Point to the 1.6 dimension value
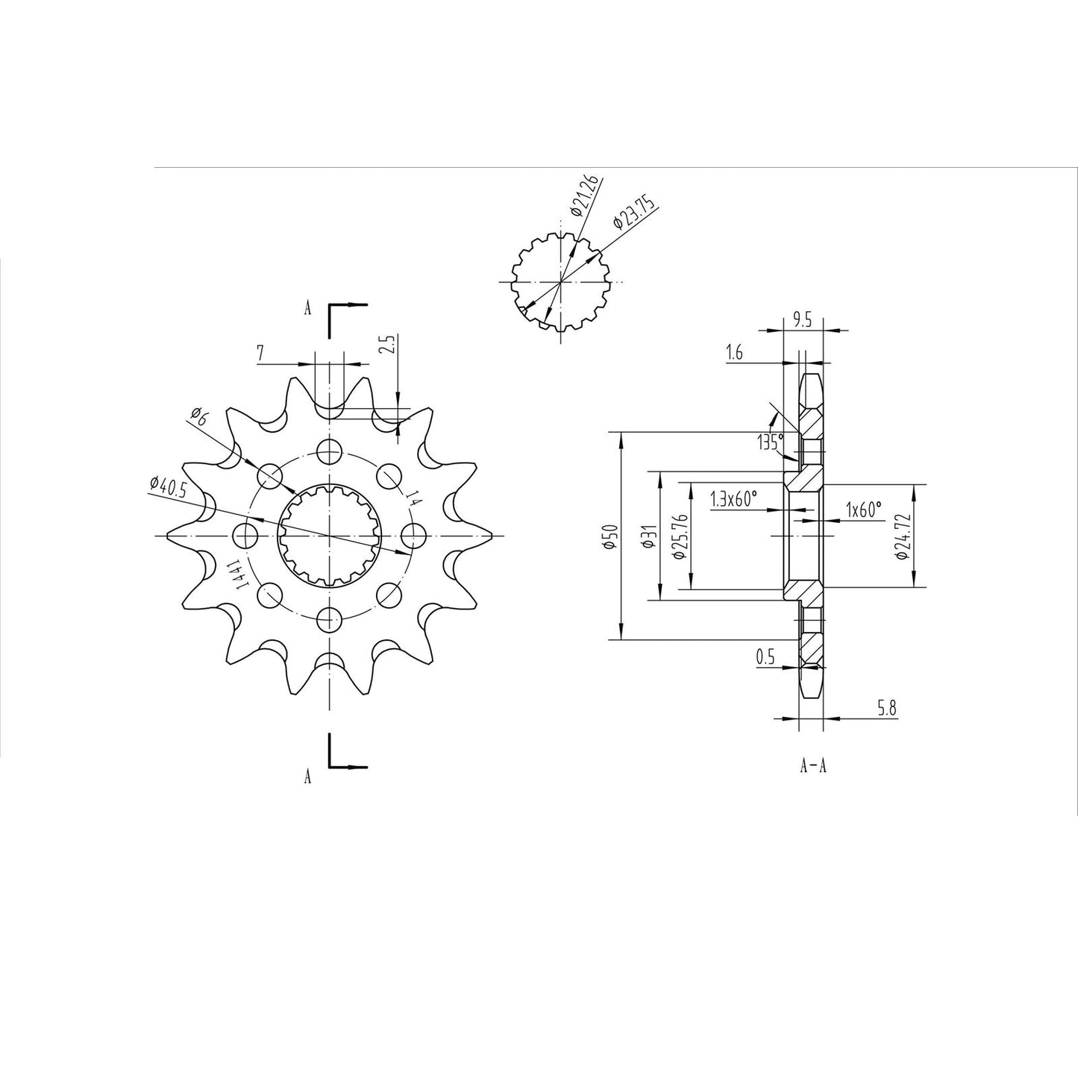click(734, 354)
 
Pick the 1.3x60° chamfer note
click(734, 499)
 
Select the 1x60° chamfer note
click(863, 509)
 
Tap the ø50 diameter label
click(609, 536)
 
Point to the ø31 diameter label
click(648, 536)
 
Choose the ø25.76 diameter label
click(678, 536)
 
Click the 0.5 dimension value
click(765, 657)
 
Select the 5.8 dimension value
click(886, 709)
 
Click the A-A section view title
click(812, 765)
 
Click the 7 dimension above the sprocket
click(260, 354)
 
